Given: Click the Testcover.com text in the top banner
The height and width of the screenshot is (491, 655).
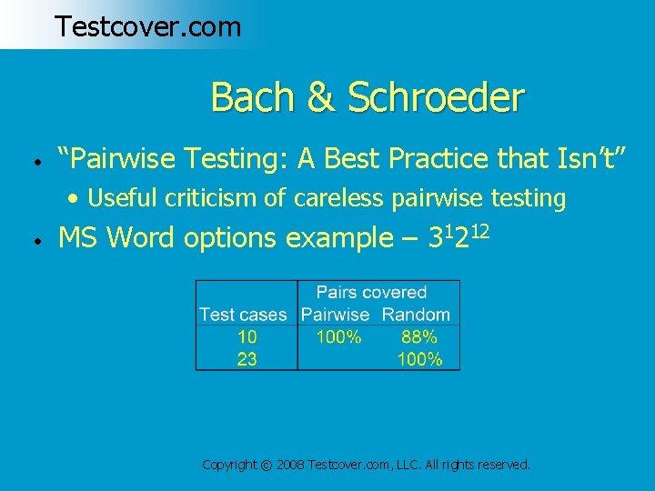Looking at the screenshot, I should coord(147,26).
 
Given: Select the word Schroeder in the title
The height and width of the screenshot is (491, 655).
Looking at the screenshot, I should coord(434,97).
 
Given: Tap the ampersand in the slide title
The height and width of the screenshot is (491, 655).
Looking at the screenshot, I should coord(320,98).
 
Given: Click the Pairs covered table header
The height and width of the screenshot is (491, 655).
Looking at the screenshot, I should coord(370,293).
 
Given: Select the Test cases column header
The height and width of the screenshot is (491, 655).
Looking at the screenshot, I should coord(243,315).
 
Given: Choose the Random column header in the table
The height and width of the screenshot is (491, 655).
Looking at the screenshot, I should coord(416,315).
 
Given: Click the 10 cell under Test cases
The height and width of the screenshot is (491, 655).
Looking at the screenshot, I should coord(247,337).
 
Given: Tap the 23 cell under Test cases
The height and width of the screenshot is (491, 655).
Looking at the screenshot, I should coord(247,359).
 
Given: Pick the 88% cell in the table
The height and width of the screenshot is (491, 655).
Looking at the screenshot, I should coord(418,337).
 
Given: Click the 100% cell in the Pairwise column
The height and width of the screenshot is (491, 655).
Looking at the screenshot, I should coord(338,337).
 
